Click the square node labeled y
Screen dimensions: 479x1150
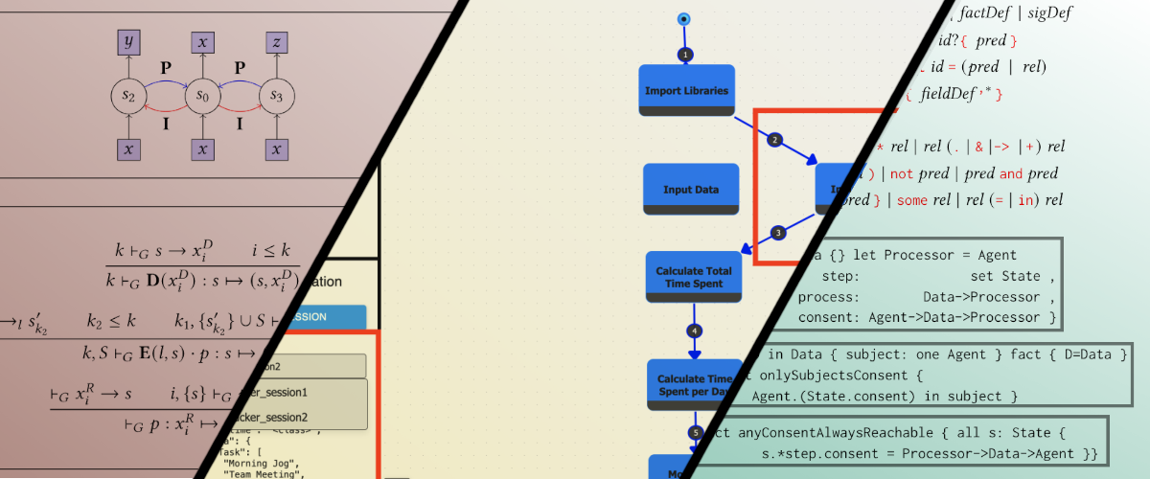[x=128, y=42]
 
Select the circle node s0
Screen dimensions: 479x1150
[x=202, y=95]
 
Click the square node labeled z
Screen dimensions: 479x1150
[x=276, y=42]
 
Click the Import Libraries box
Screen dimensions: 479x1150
[x=686, y=90]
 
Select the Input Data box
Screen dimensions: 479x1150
[x=691, y=189]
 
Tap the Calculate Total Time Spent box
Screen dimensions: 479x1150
[x=694, y=277]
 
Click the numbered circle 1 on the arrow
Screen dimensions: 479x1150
[x=685, y=55]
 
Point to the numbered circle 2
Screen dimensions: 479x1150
[x=775, y=141]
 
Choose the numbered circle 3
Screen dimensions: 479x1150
[x=778, y=232]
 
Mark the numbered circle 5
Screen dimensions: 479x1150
[x=696, y=433]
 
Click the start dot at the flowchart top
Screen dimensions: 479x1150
[x=683, y=18]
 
